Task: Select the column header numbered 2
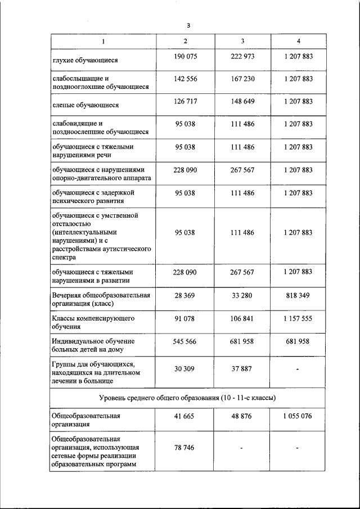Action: click(x=185, y=42)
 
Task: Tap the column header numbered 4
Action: click(x=298, y=42)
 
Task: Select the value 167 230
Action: click(x=242, y=79)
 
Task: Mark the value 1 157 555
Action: click(x=298, y=318)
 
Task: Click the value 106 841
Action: click(x=242, y=318)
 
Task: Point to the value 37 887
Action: click(x=242, y=369)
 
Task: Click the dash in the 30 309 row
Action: click(x=298, y=370)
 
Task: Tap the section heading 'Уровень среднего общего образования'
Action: click(x=188, y=398)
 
